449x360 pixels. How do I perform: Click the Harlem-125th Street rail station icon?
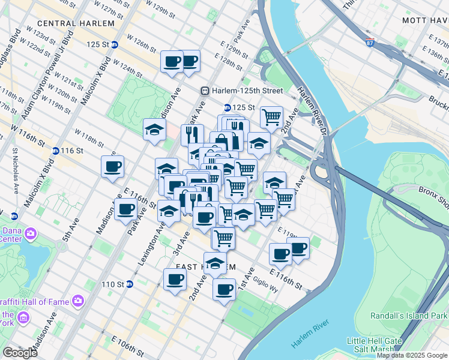pyautogui.click(x=205, y=91)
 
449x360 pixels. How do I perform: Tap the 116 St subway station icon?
pyautogui.click(x=56, y=151)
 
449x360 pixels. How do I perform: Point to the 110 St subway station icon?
pyautogui.click(x=129, y=284)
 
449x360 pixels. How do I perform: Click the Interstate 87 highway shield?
pyautogui.click(x=370, y=43)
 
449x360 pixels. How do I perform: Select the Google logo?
pyautogui.click(x=19, y=353)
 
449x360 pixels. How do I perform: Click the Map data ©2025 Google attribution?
pyautogui.click(x=412, y=355)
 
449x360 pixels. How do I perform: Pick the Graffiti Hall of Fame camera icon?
pyautogui.click(x=77, y=301)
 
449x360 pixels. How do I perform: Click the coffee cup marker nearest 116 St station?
pyautogui.click(x=112, y=166)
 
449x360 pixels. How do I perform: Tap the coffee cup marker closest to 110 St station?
pyautogui.click(x=175, y=278)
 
